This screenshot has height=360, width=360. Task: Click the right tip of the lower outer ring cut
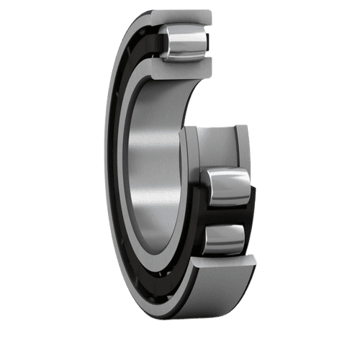click(x=253, y=261)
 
